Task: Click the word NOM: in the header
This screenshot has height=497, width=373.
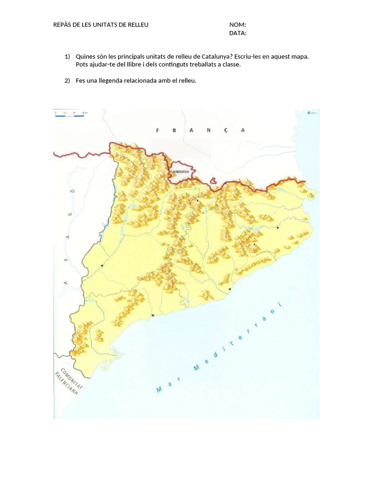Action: pyautogui.click(x=237, y=25)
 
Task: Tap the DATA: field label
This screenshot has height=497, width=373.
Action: pyautogui.click(x=237, y=33)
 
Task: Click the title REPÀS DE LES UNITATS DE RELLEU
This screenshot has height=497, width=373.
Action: pyautogui.click(x=101, y=25)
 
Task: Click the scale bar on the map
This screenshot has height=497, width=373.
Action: pyautogui.click(x=71, y=114)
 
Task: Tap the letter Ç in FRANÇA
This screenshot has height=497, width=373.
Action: pyautogui.click(x=225, y=130)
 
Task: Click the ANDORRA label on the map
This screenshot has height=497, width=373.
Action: pyautogui.click(x=181, y=172)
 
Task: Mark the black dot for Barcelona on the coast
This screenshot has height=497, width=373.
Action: pyautogui.click(x=229, y=289)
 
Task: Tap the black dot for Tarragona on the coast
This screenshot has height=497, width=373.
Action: pyautogui.click(x=153, y=315)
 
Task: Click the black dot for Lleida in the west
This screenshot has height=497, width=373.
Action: pyautogui.click(x=102, y=265)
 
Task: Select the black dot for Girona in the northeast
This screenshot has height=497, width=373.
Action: pyautogui.click(x=278, y=227)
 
